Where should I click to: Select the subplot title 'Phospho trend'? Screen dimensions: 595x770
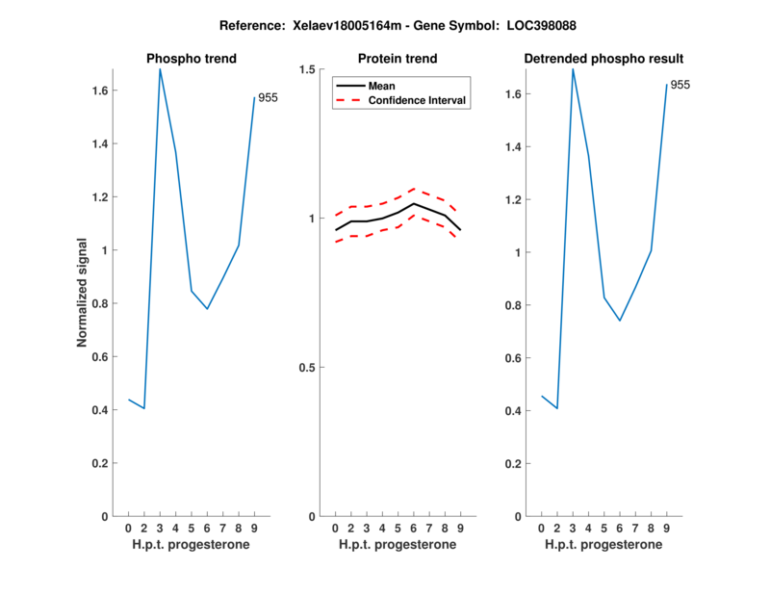tap(191, 59)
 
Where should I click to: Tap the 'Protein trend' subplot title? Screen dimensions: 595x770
tap(397, 59)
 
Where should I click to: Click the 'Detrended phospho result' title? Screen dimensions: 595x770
tap(603, 59)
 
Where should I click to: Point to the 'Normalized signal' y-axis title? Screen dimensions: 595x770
tap(83, 292)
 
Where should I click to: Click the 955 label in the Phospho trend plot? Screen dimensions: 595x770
tap(268, 97)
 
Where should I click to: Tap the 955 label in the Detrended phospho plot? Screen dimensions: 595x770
tap(680, 85)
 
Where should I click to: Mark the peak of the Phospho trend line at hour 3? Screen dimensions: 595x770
tap(160, 69)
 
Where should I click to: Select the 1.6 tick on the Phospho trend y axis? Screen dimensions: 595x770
tap(99, 91)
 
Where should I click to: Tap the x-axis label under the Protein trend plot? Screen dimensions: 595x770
tap(397, 545)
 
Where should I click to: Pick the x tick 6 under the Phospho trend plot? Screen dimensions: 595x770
tap(207, 528)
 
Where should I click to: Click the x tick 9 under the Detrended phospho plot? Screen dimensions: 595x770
tap(667, 528)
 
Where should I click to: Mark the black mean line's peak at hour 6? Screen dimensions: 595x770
tap(413, 203)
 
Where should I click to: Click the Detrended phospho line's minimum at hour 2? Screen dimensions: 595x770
tap(556, 408)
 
